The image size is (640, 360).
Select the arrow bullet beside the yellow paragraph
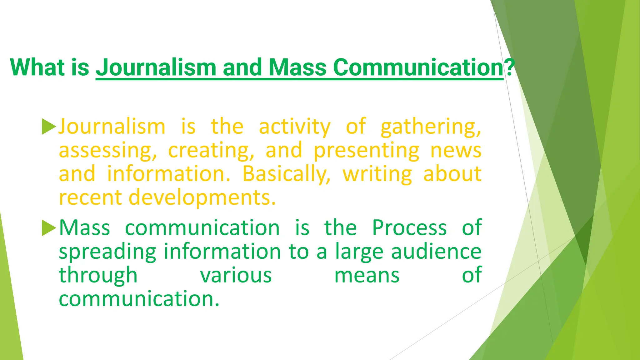click(49, 127)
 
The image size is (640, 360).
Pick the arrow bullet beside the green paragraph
click(49, 228)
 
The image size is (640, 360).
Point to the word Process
click(409, 228)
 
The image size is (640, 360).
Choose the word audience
click(436, 252)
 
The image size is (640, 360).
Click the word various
click(236, 275)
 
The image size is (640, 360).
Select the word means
click(367, 275)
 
